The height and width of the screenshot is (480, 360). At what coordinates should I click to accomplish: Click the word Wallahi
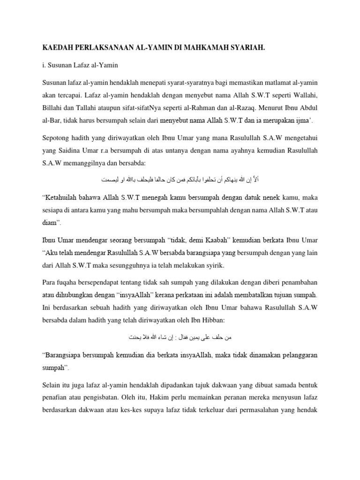[x=304, y=96]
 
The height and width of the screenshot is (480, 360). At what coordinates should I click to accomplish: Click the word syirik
[x=213, y=265]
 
